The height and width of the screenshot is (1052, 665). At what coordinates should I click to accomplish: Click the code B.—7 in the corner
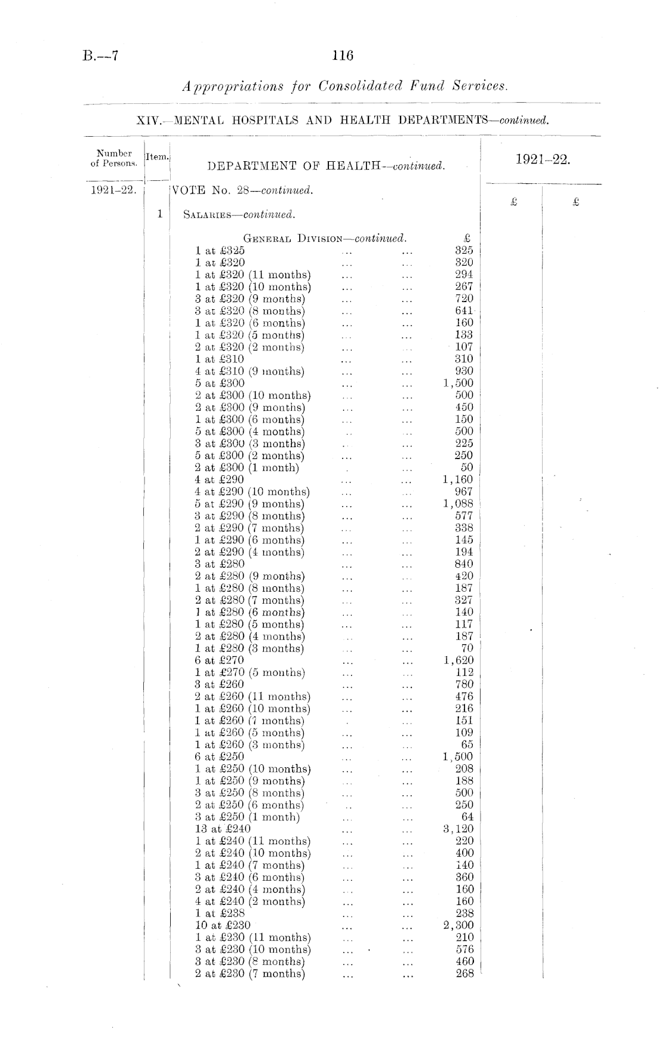102,56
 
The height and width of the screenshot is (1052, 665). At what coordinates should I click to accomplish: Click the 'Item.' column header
158,156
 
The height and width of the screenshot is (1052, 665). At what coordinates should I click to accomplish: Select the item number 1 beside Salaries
160,214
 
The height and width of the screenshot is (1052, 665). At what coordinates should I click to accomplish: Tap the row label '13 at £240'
223,829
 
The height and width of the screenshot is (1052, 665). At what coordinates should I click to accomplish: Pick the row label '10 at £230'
223,925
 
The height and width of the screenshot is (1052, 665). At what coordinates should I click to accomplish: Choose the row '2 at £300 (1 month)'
247,467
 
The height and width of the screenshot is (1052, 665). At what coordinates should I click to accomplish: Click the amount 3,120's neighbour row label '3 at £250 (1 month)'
247,817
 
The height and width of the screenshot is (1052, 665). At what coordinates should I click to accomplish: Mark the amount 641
464,310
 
